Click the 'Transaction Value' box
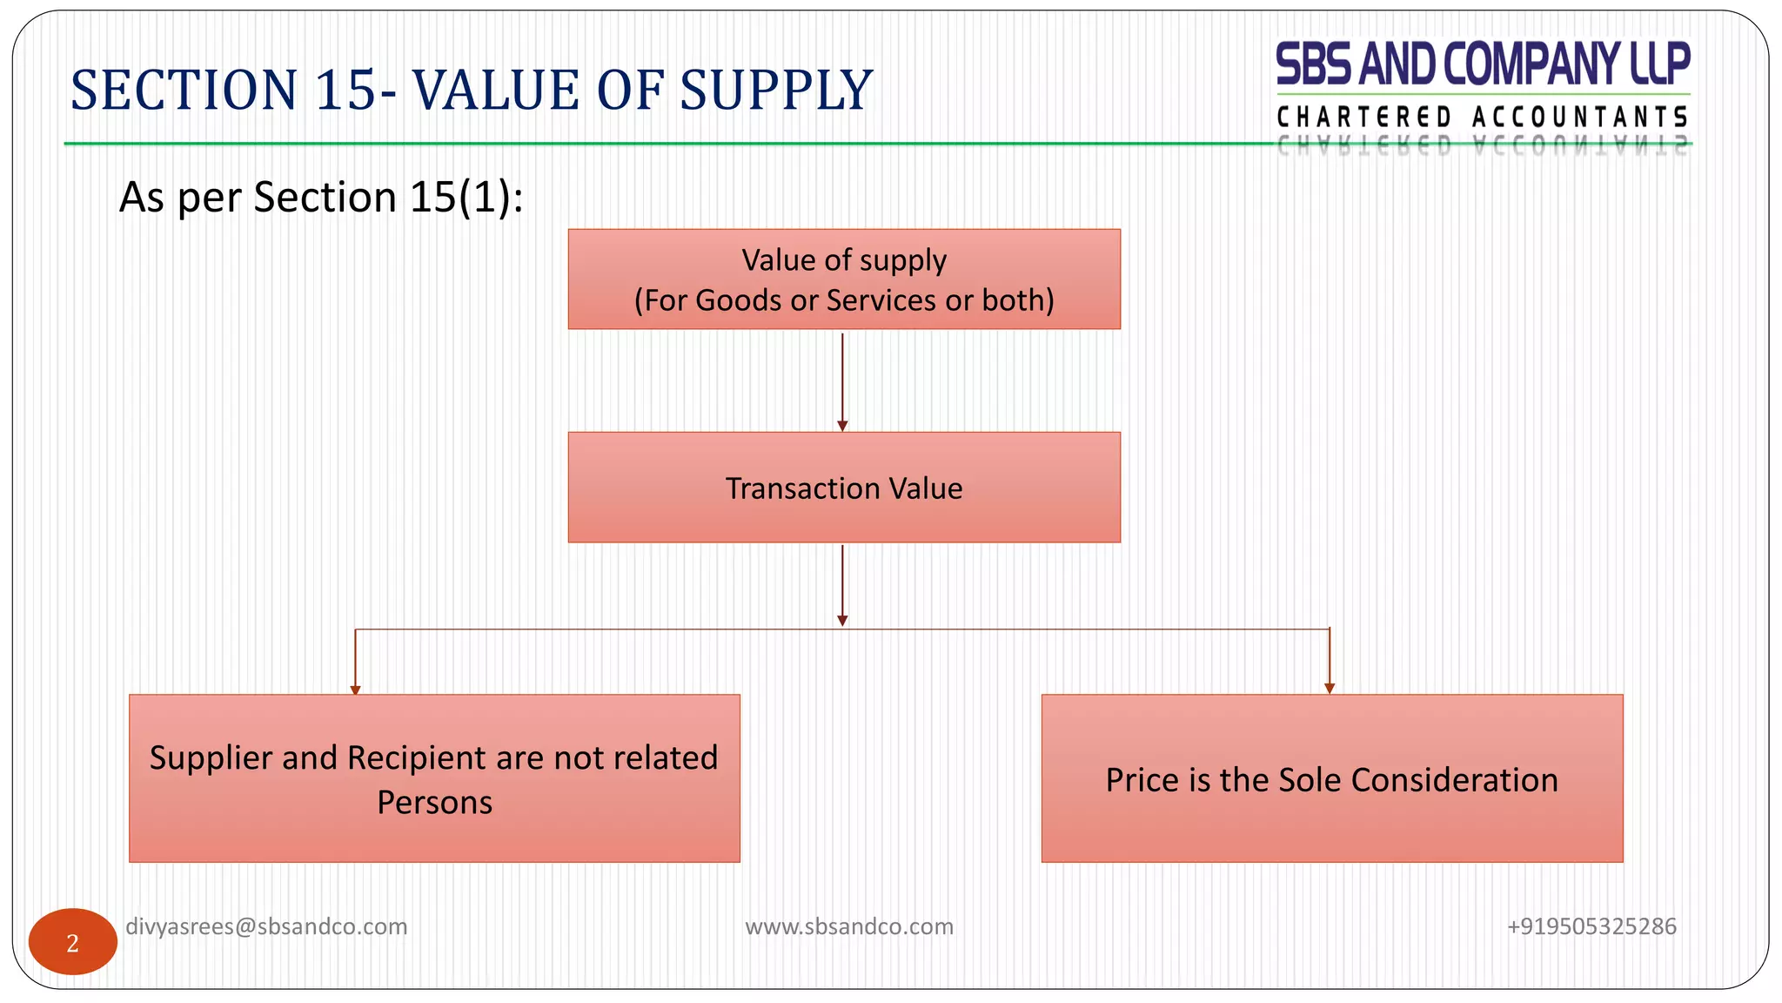844,488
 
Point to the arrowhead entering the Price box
1330,688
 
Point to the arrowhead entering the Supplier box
355,690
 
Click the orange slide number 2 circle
73,942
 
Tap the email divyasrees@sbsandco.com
266,926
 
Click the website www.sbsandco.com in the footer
849,926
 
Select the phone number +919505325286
1591,926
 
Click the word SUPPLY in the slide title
775,91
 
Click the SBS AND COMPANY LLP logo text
1483,64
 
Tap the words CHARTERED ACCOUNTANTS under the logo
1483,117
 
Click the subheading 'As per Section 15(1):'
321,197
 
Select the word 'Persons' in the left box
434,803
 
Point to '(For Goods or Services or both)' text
844,300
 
